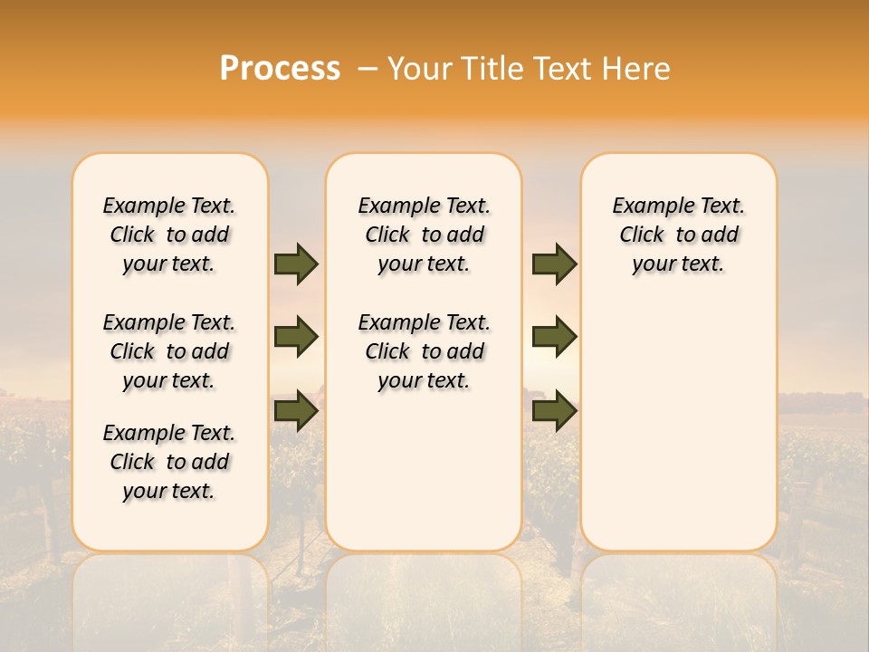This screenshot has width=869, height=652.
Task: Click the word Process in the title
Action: [x=280, y=69]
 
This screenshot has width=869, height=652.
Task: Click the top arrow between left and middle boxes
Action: [x=296, y=264]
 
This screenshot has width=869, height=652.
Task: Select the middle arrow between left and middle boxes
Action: [x=296, y=337]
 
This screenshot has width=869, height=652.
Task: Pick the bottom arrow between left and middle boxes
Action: [x=296, y=410]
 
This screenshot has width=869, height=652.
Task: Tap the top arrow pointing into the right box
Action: [x=554, y=264]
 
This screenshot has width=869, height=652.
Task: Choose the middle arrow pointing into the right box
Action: [x=554, y=337]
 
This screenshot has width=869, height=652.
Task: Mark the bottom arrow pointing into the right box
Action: [x=554, y=410]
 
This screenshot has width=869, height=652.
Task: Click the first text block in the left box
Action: [x=169, y=235]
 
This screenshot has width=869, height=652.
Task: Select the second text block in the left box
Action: [x=169, y=351]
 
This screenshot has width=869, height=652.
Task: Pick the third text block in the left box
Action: [x=169, y=462]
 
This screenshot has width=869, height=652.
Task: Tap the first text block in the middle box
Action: [x=424, y=235]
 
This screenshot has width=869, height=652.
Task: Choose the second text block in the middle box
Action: [x=424, y=351]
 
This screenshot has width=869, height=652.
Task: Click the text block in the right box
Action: [x=679, y=235]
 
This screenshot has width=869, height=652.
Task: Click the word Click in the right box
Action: [x=642, y=235]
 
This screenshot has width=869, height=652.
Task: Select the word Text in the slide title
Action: [x=560, y=69]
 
